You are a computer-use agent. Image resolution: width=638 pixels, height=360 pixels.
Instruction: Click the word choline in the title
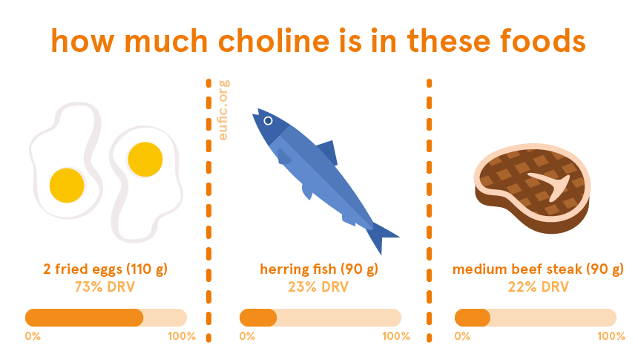click(274, 41)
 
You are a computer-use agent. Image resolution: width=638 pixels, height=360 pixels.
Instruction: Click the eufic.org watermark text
click(223, 110)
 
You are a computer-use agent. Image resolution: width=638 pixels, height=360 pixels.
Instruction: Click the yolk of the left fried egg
click(67, 186)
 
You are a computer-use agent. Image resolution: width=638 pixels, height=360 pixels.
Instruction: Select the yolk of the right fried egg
click(145, 160)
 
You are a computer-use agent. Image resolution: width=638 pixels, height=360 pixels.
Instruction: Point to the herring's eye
click(268, 120)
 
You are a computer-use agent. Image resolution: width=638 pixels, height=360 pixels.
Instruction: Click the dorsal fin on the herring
click(328, 152)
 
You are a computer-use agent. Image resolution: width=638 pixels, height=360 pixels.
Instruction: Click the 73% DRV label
click(105, 287)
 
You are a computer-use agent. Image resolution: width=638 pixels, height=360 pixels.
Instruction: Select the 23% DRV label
click(318, 287)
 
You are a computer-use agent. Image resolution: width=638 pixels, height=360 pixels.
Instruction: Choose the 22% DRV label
click(538, 287)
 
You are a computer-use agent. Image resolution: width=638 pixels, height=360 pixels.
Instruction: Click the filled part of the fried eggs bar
click(85, 318)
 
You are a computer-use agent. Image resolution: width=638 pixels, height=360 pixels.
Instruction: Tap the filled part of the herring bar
click(258, 318)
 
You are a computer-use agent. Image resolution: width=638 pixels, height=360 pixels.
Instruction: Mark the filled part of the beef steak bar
click(473, 318)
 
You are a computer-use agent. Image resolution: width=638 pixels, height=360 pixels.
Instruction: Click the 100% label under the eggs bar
click(182, 336)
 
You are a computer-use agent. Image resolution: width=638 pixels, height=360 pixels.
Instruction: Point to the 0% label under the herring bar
click(247, 336)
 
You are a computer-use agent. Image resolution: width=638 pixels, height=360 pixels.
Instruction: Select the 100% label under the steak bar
click(611, 336)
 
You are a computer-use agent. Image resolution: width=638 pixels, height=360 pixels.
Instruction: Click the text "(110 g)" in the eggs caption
click(147, 269)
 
